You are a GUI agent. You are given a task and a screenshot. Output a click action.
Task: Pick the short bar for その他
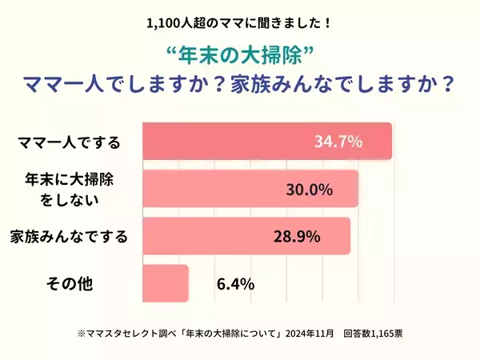click(x=165, y=283)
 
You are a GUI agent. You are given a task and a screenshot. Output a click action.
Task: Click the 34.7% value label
click(x=338, y=142)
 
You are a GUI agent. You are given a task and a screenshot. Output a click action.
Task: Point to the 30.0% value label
click(x=310, y=190)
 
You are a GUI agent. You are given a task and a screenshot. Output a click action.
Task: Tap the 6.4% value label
click(x=235, y=284)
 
